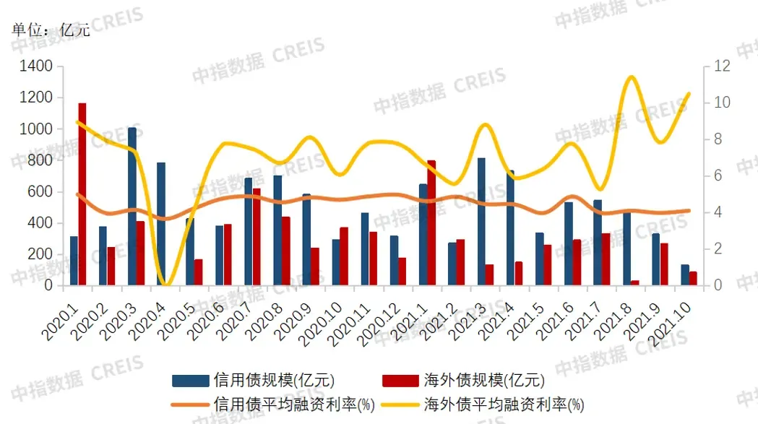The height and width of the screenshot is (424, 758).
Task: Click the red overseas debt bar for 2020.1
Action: point(82,194)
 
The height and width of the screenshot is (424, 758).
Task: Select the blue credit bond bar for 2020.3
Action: point(132,207)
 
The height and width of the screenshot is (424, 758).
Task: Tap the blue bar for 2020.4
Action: point(161,224)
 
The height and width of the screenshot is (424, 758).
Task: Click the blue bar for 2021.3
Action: point(481,221)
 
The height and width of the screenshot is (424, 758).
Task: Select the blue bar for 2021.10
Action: point(684,275)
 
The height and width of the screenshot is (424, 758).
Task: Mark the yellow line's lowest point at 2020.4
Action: point(166,284)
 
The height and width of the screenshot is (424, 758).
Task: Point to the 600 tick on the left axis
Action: point(41,191)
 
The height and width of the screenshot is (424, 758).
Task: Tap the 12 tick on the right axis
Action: point(722,66)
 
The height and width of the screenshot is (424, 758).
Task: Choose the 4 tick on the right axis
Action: point(719,212)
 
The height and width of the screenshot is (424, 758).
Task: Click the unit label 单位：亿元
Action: point(51,31)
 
